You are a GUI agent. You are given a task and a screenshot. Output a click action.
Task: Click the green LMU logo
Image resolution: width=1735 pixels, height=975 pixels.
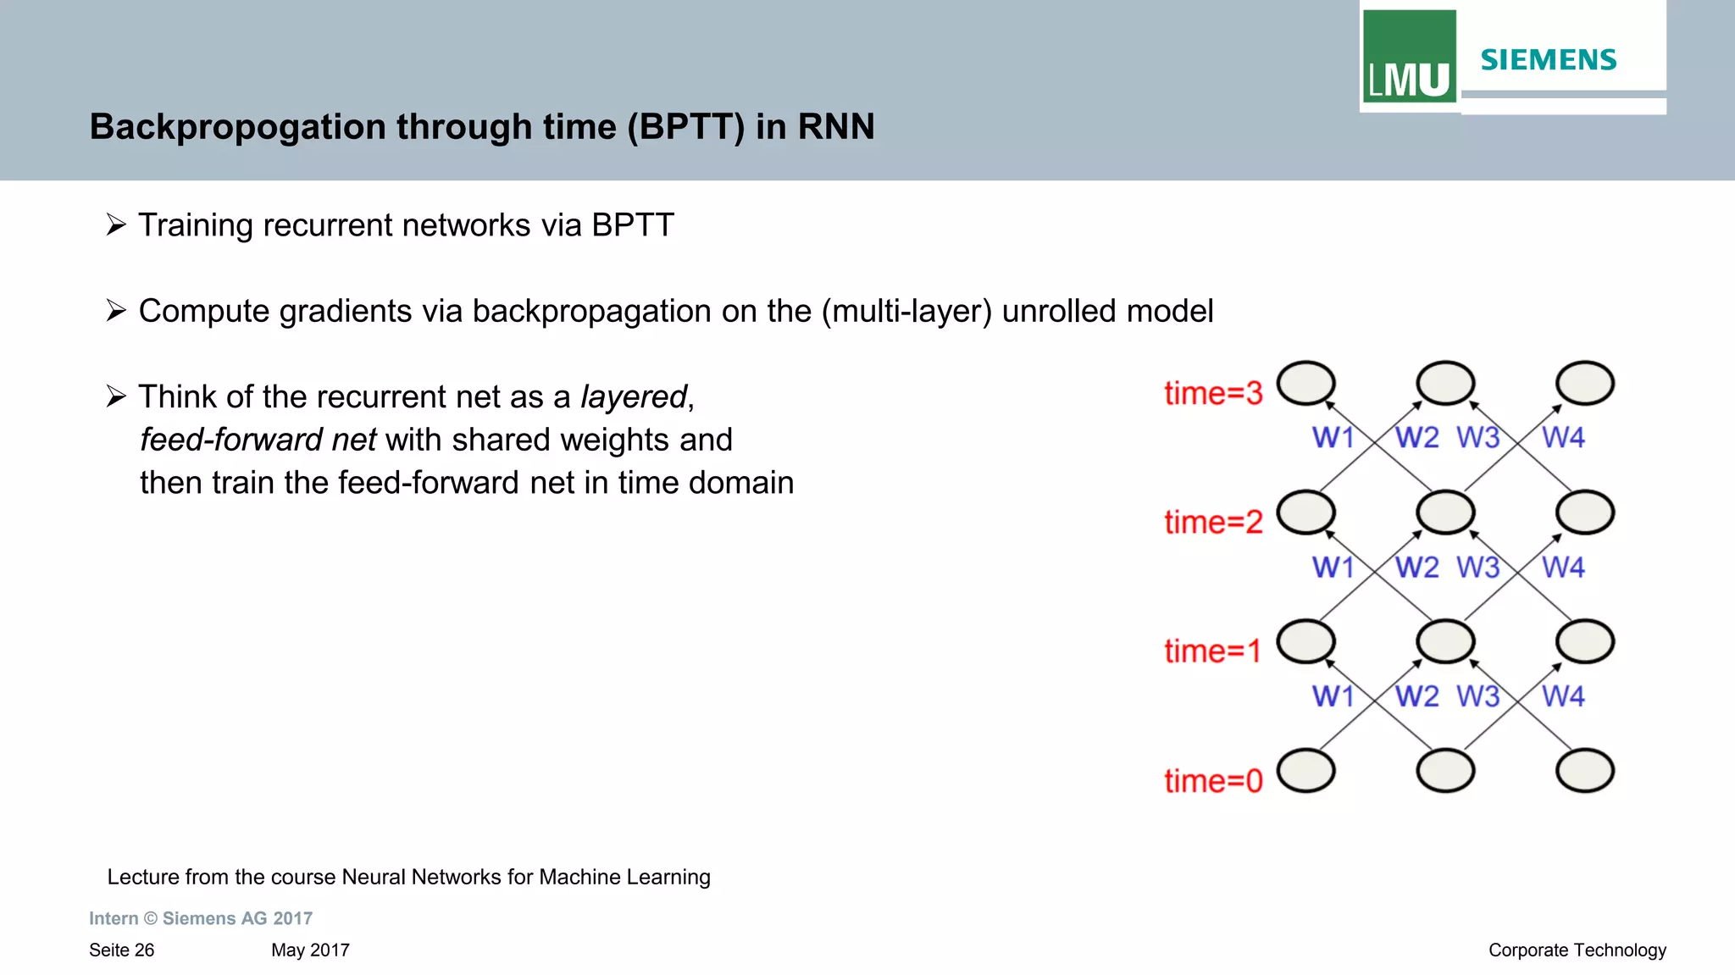tap(1409, 57)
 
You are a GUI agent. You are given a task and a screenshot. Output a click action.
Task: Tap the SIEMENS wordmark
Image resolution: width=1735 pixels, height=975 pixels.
tap(1549, 60)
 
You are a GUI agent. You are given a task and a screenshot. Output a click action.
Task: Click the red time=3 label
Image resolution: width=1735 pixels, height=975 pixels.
tap(1213, 393)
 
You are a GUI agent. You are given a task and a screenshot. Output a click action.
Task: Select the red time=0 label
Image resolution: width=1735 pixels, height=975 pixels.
tap(1213, 780)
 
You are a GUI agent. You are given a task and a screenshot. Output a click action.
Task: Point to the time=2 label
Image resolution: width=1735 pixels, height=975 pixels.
tap(1213, 522)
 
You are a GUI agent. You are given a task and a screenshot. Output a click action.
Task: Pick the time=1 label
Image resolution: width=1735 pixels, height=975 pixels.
tap(1212, 651)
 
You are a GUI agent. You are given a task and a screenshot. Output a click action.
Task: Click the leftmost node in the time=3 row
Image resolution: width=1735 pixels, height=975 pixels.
tap(1305, 384)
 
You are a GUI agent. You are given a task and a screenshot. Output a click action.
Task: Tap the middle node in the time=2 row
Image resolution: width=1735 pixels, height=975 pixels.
tap(1445, 512)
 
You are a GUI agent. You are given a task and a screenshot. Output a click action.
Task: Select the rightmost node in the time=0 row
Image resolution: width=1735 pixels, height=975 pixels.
tap(1585, 771)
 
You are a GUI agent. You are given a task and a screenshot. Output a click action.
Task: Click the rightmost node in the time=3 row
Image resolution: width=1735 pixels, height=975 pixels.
tap(1585, 384)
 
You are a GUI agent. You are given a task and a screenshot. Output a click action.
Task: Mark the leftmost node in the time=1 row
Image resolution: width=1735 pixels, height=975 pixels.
tap(1305, 641)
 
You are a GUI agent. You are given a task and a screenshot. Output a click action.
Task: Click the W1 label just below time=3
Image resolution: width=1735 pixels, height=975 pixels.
tap(1333, 437)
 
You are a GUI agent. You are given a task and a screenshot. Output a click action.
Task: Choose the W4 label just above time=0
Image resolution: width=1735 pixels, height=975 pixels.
tap(1563, 696)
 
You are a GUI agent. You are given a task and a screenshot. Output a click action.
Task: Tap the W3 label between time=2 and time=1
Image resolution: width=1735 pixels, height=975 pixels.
tap(1477, 567)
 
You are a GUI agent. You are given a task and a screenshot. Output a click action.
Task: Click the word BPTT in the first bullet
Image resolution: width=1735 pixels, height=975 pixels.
tap(632, 225)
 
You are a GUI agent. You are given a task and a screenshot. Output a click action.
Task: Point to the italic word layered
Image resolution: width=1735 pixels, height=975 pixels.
tap(633, 396)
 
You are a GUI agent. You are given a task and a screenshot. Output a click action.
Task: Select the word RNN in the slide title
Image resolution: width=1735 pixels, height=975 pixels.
tap(835, 127)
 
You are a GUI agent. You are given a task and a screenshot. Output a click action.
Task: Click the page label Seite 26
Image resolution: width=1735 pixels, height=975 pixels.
tap(122, 950)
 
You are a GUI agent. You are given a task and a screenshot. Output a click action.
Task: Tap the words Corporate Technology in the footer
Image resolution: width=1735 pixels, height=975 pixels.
tap(1577, 950)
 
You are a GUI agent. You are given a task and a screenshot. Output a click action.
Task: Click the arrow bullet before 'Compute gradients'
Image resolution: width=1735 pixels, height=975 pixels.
tap(116, 311)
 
